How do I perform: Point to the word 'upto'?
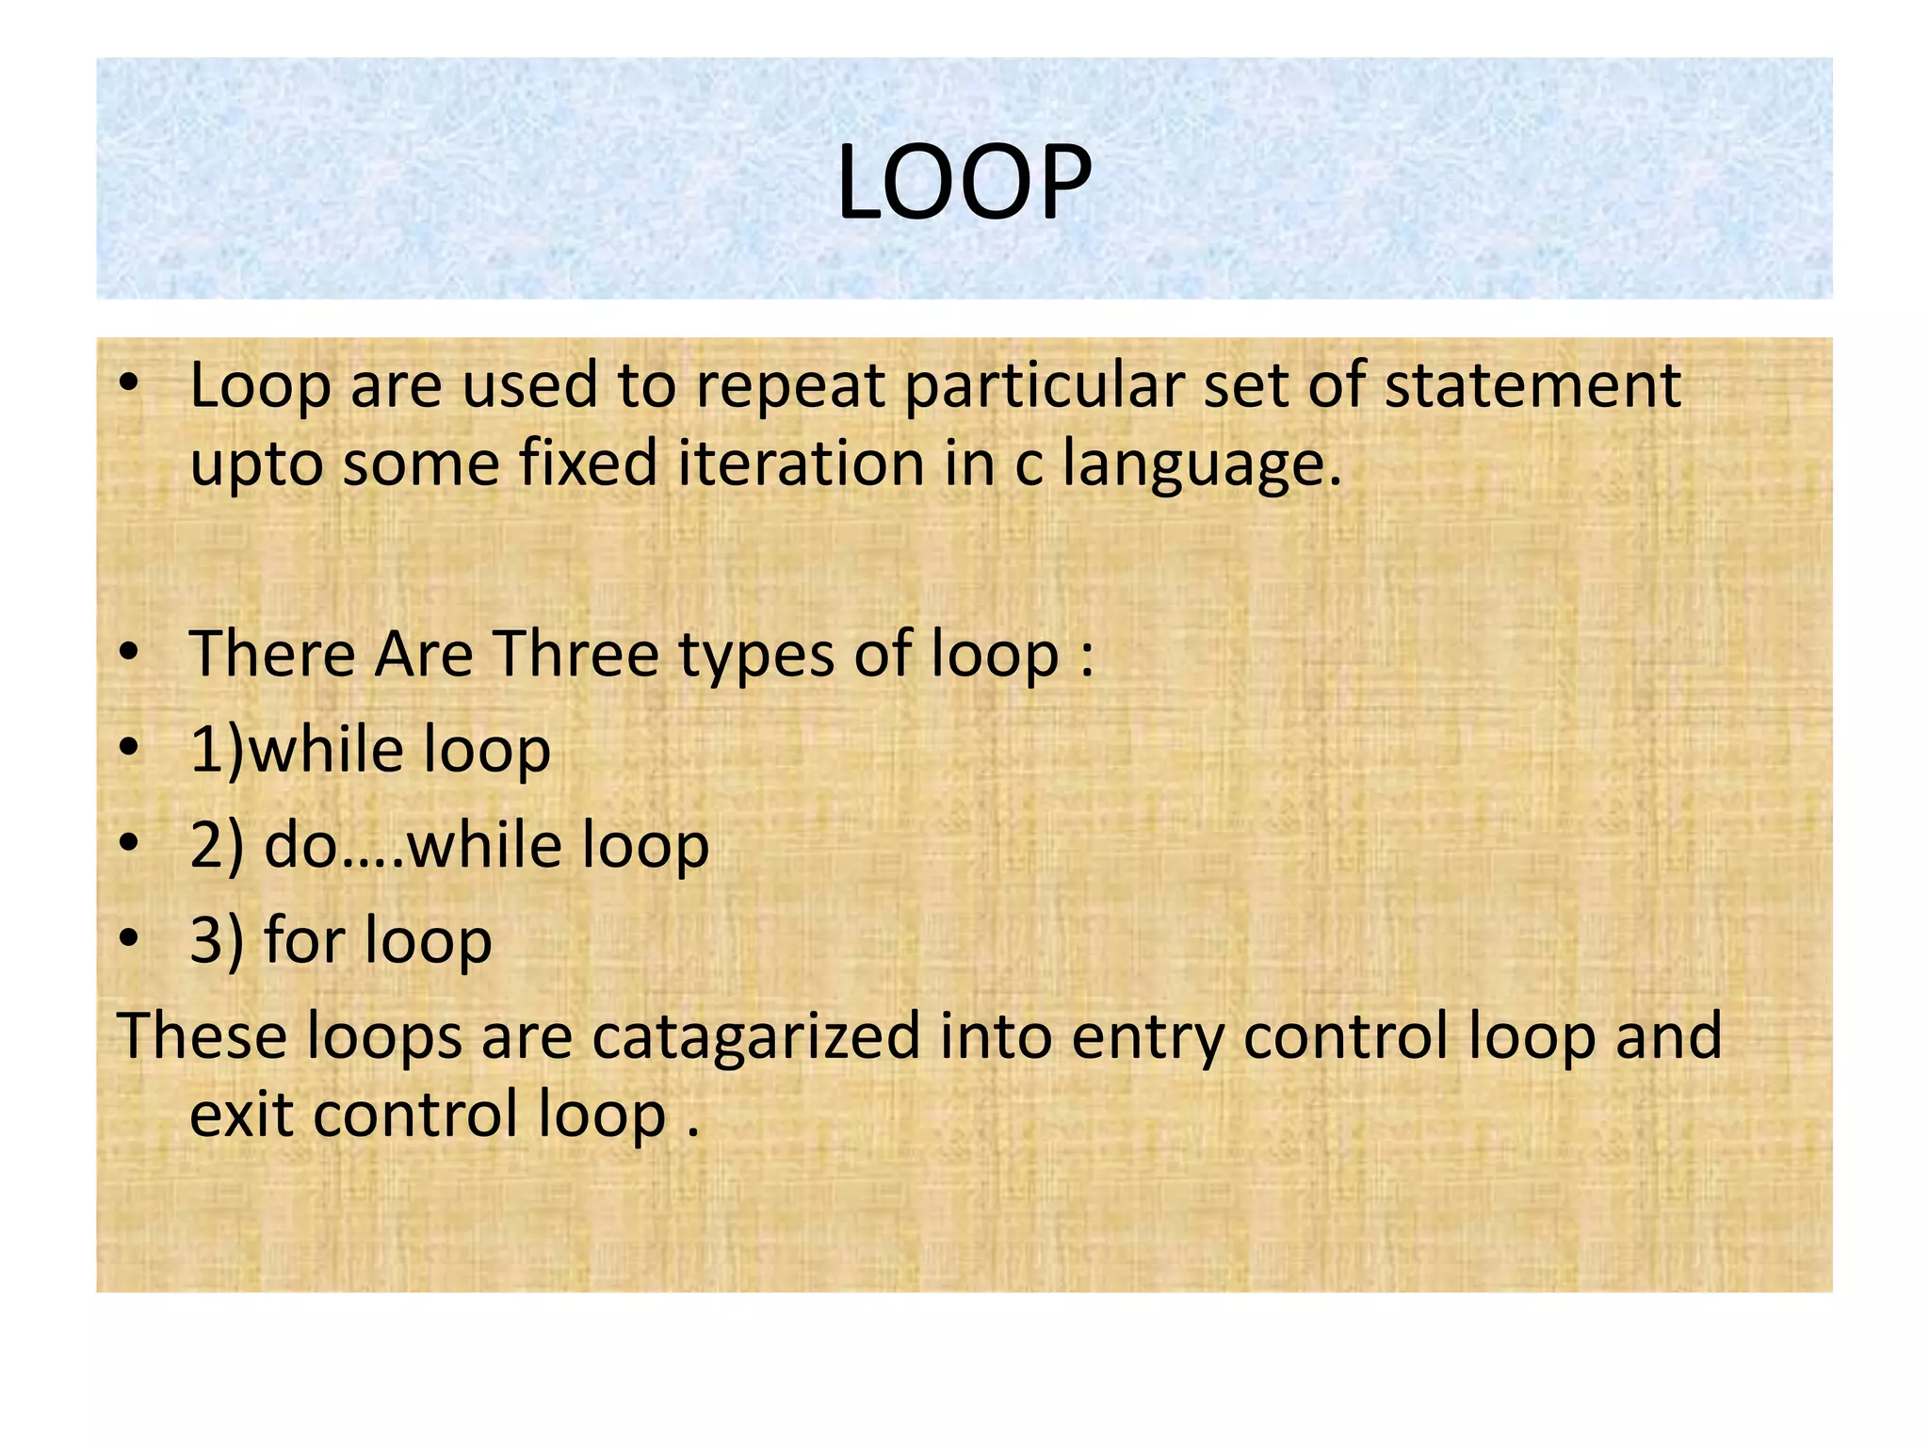[256, 465]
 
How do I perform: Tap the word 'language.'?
[1202, 465]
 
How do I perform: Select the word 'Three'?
[576, 654]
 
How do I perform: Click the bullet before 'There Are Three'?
[129, 652]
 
